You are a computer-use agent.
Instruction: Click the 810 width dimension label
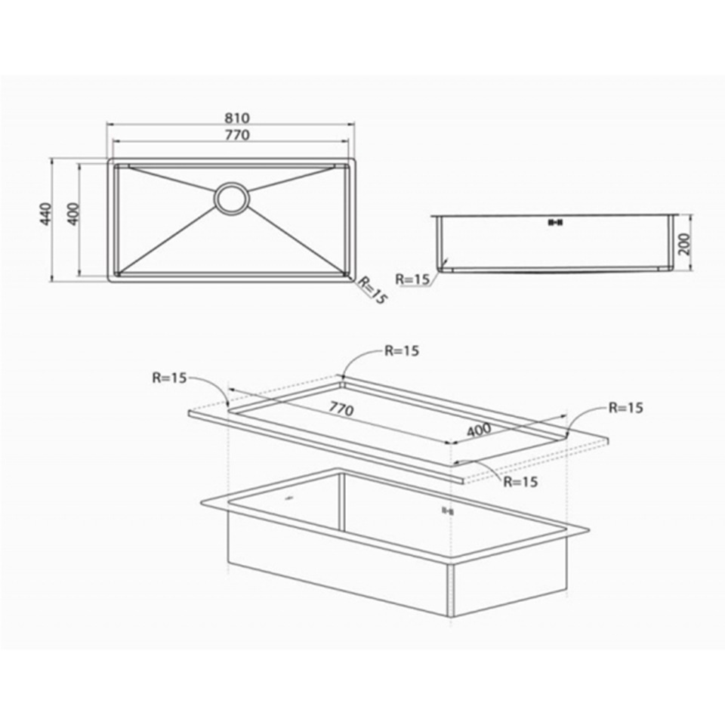[237, 118]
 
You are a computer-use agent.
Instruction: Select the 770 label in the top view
[237, 134]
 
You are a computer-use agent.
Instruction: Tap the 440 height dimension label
[45, 214]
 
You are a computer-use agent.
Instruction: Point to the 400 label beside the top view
[73, 214]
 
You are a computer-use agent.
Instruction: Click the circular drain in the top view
[232, 199]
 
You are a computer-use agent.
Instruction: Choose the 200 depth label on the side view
[684, 244]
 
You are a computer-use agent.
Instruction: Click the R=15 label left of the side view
[412, 279]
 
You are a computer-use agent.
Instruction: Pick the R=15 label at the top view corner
[372, 290]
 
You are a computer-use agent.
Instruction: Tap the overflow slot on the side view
[555, 222]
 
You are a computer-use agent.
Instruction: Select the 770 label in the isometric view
[341, 409]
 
